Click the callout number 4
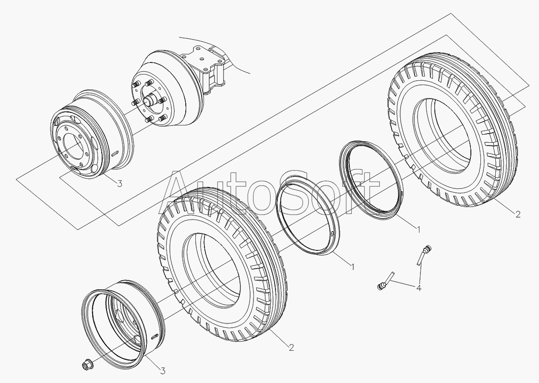click(419, 288)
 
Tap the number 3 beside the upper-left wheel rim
click(120, 184)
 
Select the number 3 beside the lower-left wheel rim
click(163, 371)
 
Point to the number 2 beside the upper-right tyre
click(518, 214)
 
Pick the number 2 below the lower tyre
click(291, 347)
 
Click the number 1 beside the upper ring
click(419, 229)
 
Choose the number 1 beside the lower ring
click(352, 266)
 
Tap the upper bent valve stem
click(423, 255)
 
